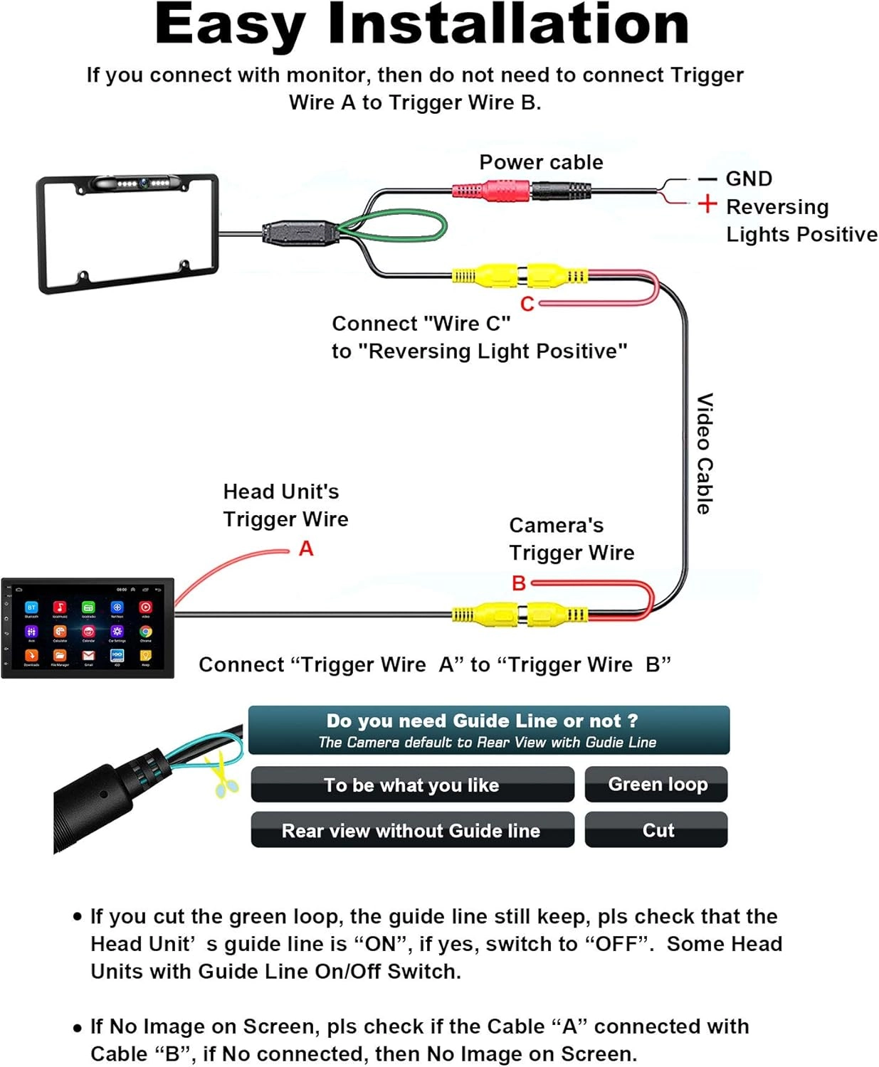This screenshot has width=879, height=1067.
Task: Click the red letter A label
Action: [x=306, y=548]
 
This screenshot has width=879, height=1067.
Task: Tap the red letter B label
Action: [x=519, y=583]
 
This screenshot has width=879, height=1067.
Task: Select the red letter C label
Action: [x=527, y=304]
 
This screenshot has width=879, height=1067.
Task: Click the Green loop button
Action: [x=656, y=785]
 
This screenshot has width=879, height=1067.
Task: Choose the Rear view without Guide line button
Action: [x=412, y=830]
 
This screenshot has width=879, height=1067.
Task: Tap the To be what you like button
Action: [x=412, y=785]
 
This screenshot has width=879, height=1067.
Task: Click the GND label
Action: [x=749, y=179]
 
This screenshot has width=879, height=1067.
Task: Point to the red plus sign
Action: [x=707, y=204]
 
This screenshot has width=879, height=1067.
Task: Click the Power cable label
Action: [x=541, y=162]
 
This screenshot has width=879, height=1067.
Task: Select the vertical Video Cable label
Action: [x=704, y=453]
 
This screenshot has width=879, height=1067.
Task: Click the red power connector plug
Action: [x=491, y=191]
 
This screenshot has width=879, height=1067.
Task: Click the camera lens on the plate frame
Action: [x=144, y=183]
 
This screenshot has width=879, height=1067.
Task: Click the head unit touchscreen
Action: [x=88, y=627]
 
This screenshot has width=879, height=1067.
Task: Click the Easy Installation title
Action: [x=421, y=26]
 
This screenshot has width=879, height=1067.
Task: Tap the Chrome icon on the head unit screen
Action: [x=145, y=632]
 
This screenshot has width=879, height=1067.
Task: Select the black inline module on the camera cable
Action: [x=299, y=233]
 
